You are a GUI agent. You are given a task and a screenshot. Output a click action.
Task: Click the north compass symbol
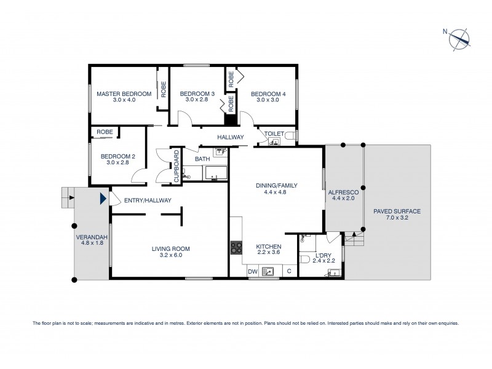[x=459, y=38]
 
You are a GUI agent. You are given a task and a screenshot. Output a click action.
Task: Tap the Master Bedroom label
[x=124, y=93]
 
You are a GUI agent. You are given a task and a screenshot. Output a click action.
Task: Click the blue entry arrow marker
[x=103, y=198]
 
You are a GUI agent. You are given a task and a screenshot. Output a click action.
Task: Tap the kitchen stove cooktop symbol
[x=237, y=248]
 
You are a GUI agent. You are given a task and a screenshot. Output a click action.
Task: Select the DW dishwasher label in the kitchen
[x=252, y=271]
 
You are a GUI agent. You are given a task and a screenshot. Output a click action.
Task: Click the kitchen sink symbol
[x=268, y=271]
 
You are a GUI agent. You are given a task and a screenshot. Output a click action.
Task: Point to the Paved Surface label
[x=397, y=211]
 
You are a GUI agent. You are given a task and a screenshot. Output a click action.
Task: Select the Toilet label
[x=274, y=133]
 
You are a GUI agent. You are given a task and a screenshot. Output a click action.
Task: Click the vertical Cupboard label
[x=176, y=165]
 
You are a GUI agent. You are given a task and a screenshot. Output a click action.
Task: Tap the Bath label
[x=202, y=159]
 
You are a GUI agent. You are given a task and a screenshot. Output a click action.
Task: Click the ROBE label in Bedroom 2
[x=104, y=132]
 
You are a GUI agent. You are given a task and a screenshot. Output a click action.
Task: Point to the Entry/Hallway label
[x=148, y=200]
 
